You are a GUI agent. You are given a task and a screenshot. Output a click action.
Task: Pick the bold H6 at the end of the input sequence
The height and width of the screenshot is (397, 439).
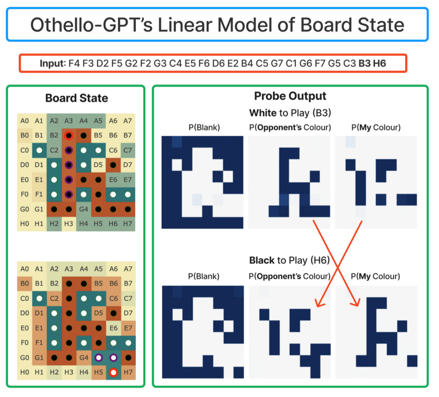[x=380, y=63]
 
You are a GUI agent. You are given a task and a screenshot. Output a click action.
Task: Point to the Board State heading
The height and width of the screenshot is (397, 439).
[x=76, y=98]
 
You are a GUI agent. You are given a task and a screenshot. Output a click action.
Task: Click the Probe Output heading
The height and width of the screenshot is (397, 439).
[x=290, y=96]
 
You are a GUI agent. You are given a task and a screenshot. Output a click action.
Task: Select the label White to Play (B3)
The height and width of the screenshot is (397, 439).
[x=290, y=112]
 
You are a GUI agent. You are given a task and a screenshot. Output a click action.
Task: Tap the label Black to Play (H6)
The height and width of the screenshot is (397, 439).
[x=290, y=260]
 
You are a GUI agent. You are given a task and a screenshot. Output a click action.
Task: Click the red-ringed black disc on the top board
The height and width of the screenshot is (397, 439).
[x=68, y=135]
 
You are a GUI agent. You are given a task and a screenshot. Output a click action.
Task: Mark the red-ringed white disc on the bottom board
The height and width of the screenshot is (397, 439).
[x=114, y=373]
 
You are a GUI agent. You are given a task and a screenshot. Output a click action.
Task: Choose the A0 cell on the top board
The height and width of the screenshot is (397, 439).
[x=24, y=121]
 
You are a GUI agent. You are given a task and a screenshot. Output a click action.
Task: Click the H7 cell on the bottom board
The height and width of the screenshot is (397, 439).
[x=128, y=373]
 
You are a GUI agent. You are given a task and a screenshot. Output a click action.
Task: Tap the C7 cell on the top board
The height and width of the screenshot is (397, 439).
[x=128, y=150]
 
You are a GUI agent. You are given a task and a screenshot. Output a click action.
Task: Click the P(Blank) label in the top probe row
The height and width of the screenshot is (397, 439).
[x=204, y=128]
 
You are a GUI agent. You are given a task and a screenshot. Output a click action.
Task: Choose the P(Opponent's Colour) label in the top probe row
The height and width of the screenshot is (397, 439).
[x=290, y=128]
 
